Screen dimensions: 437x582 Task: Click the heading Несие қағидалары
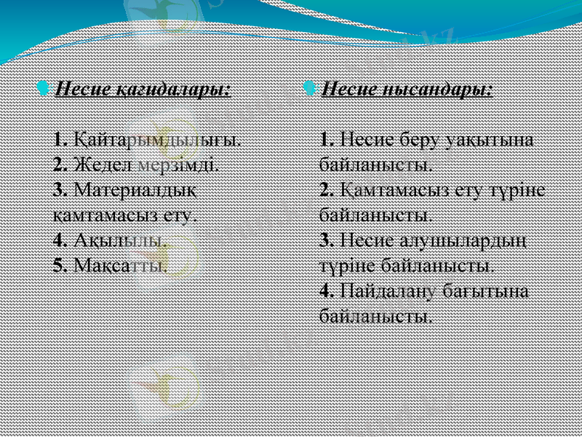tap(143, 90)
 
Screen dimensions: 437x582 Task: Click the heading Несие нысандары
tap(406, 90)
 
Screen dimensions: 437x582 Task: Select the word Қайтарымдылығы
tap(158, 138)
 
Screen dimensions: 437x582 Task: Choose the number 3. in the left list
tap(61, 190)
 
